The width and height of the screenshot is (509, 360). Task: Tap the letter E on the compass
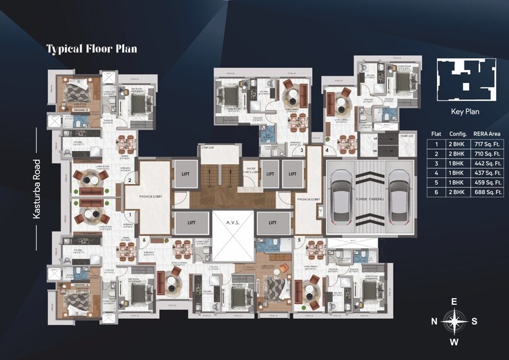[455, 301]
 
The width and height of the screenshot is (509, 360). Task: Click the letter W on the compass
[455, 342]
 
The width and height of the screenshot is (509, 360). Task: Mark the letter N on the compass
[435, 322]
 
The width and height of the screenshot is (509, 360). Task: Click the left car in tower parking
[342, 198]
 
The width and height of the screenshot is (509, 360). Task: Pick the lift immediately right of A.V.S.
[272, 222]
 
